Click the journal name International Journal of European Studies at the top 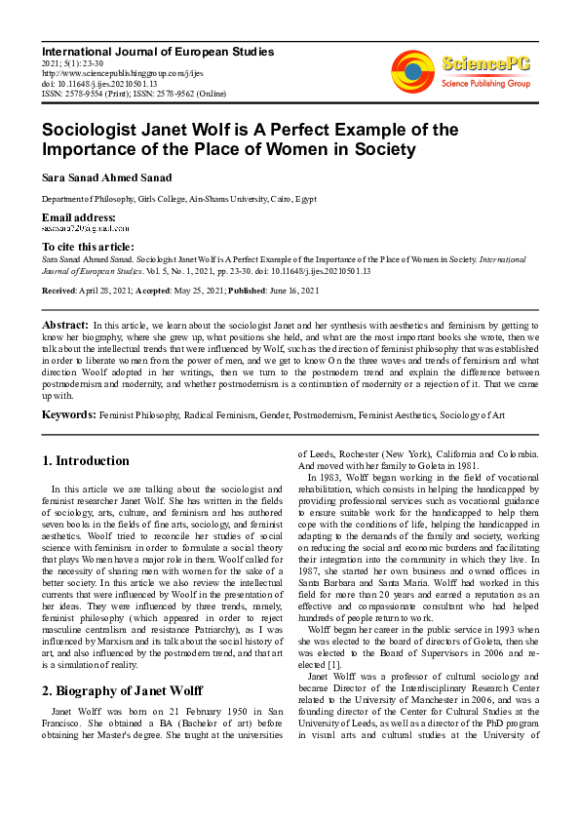(x=158, y=52)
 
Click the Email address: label (x=78, y=216)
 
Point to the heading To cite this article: (x=88, y=248)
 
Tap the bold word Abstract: (x=66, y=324)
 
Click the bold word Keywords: (x=69, y=414)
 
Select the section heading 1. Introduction (x=87, y=460)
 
